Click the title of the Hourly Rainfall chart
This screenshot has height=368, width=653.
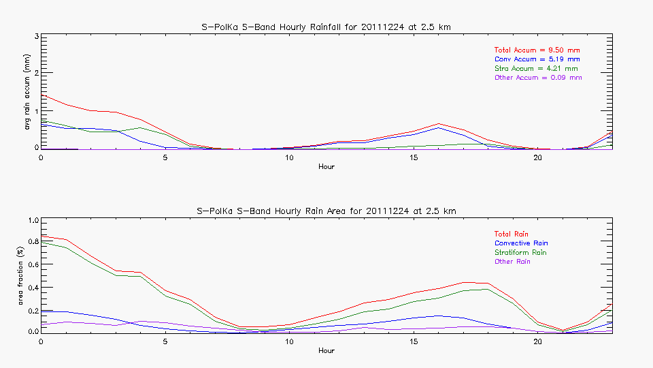pos(326,27)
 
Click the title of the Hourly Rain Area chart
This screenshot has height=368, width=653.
pos(326,211)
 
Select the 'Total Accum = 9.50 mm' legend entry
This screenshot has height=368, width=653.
pos(537,50)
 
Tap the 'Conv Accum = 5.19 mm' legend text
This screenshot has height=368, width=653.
pos(537,59)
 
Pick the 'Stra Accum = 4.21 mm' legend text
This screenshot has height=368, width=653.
pos(536,69)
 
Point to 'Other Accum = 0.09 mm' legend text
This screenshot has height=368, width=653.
pos(538,78)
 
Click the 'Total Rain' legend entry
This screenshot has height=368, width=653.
pos(512,234)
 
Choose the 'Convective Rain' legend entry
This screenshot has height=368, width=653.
pos(521,243)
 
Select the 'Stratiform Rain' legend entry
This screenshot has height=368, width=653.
pos(520,253)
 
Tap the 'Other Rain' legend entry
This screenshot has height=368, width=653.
pos(512,262)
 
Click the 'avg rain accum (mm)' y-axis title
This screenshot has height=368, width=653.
pos(27,92)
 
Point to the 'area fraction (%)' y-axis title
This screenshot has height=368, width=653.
pos(27,276)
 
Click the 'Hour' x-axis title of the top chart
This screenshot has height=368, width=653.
pos(326,166)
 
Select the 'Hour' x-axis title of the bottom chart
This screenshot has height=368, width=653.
pos(326,350)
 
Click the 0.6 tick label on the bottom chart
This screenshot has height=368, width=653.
pos(32,265)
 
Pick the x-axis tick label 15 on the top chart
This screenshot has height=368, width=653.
pos(413,157)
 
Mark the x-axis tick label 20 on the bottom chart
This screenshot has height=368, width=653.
pos(537,341)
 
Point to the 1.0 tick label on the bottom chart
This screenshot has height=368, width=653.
pos(32,221)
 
